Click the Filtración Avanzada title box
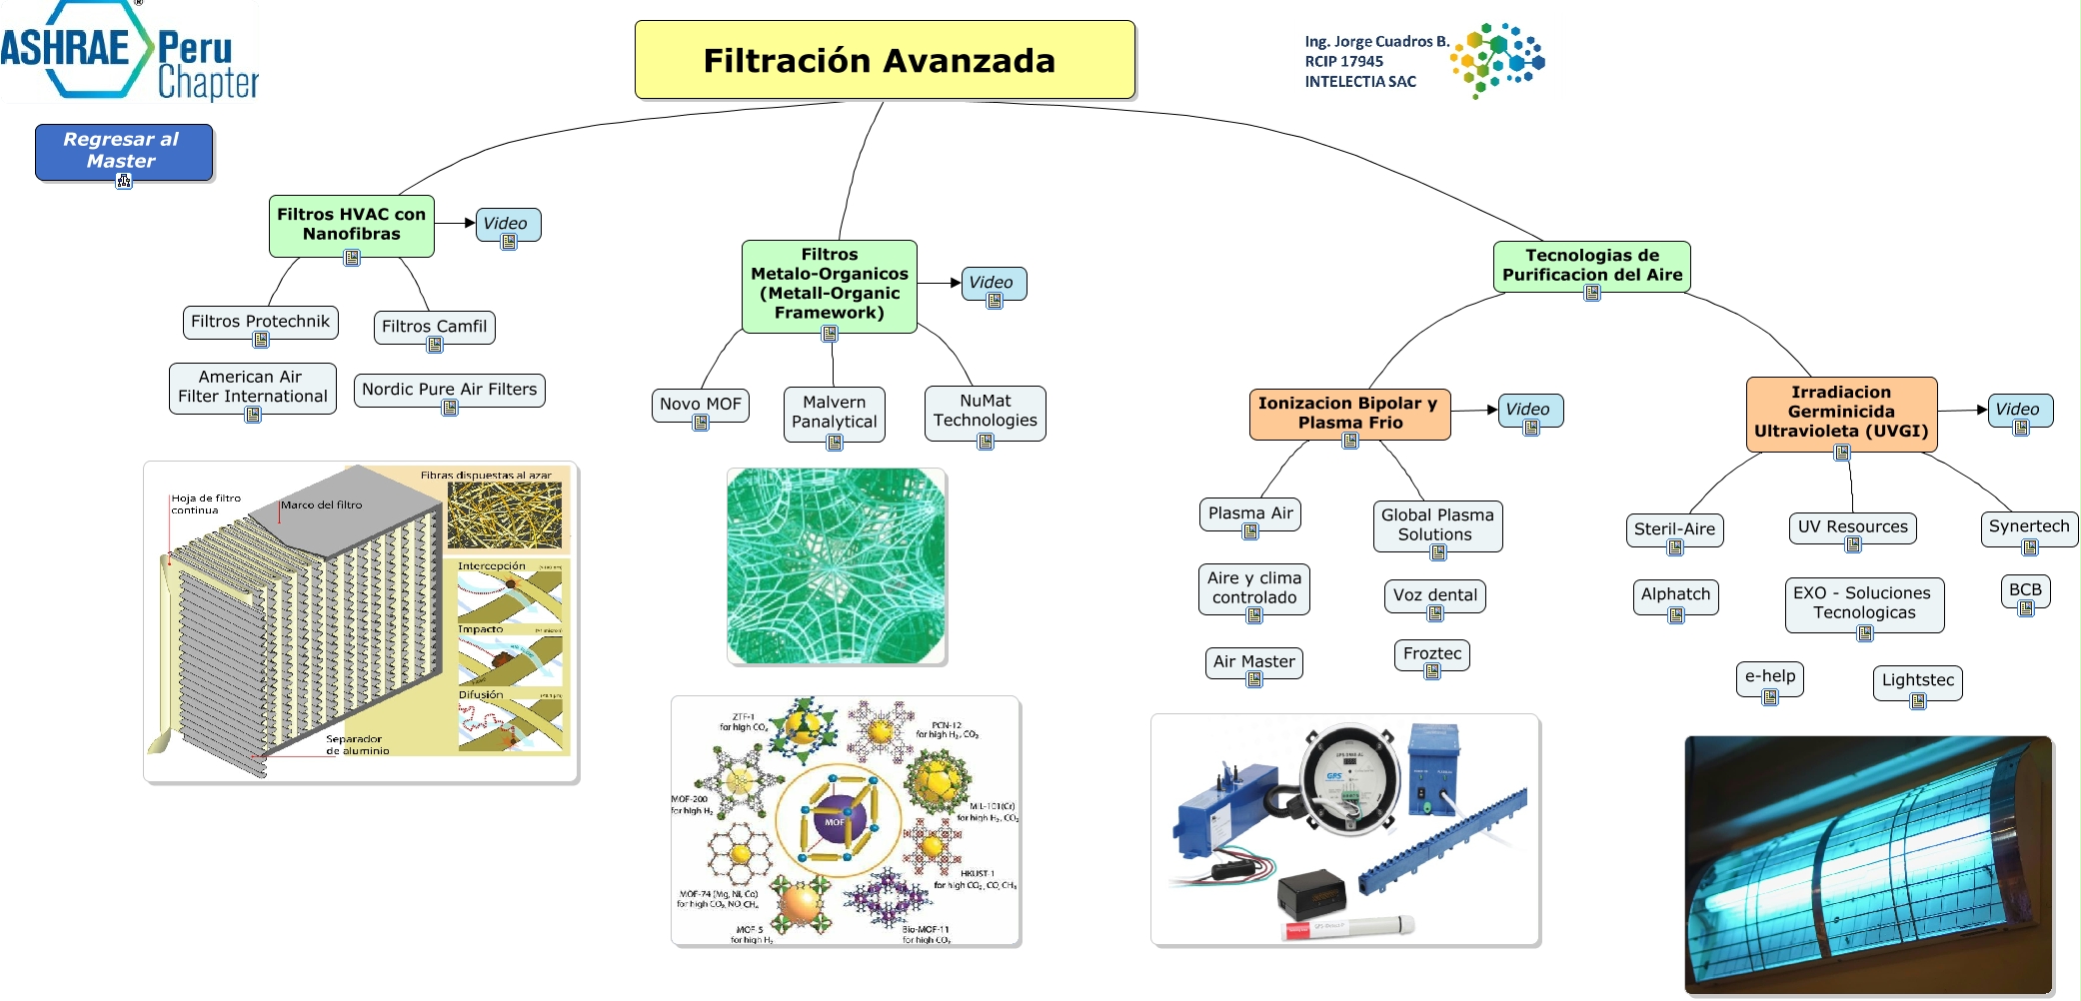pos(885,60)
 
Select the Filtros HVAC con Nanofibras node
pos(351,225)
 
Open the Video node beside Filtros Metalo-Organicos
pos(992,283)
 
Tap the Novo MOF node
pos(700,405)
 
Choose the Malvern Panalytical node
pos(834,412)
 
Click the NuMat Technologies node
pos(985,411)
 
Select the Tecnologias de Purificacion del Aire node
pos(1591,266)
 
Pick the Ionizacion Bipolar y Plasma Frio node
pos(1348,413)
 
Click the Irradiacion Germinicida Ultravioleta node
pos(1840,412)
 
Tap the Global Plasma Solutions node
pos(1436,524)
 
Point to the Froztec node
pos(1431,654)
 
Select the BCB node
pos(2025,589)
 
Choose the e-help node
pos(1769,676)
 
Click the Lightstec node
pos(1917,680)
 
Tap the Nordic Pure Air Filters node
pos(449,390)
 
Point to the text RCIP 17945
pos(1343,62)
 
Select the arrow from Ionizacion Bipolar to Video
pos(1475,410)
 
